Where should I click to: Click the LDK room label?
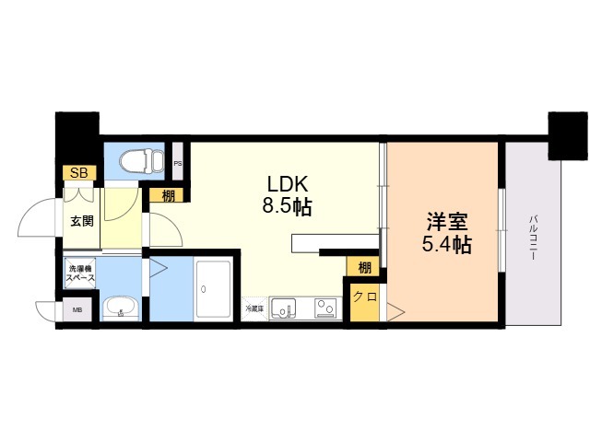click(287, 182)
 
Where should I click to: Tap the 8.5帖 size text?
click(287, 206)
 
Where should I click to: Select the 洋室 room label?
click(447, 222)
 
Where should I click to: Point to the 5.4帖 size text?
click(447, 245)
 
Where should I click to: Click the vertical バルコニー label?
click(533, 238)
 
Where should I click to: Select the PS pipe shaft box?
click(177, 165)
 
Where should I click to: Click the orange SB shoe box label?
click(77, 173)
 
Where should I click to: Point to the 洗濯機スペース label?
click(81, 273)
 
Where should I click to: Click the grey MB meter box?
click(77, 310)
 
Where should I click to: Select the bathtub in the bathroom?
click(214, 289)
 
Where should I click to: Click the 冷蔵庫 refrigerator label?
click(254, 308)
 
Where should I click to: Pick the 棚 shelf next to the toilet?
click(167, 194)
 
